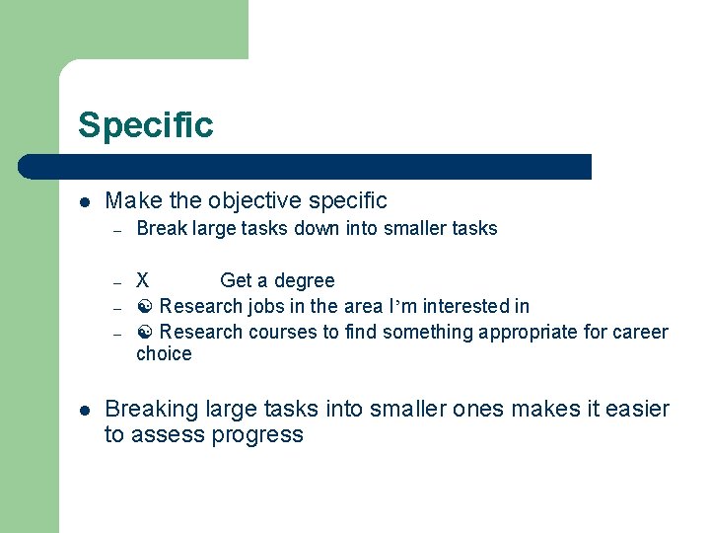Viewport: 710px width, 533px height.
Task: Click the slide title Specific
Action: point(145,125)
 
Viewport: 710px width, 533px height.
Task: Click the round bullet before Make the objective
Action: point(85,201)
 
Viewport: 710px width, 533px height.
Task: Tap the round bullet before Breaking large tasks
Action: point(85,410)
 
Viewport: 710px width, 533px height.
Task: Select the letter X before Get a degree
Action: point(143,281)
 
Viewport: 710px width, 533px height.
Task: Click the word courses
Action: point(282,333)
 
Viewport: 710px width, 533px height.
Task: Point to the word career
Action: point(642,333)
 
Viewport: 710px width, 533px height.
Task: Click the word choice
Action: point(164,354)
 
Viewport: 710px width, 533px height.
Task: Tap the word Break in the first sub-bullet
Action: point(158,228)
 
